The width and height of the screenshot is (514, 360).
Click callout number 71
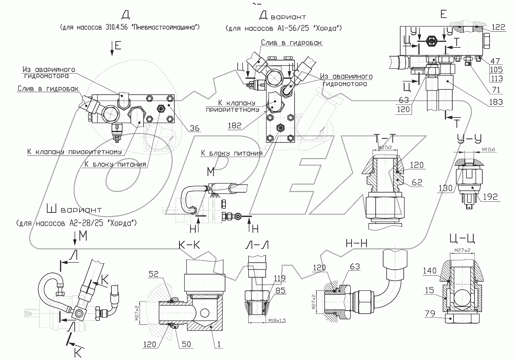coord(497,90)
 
